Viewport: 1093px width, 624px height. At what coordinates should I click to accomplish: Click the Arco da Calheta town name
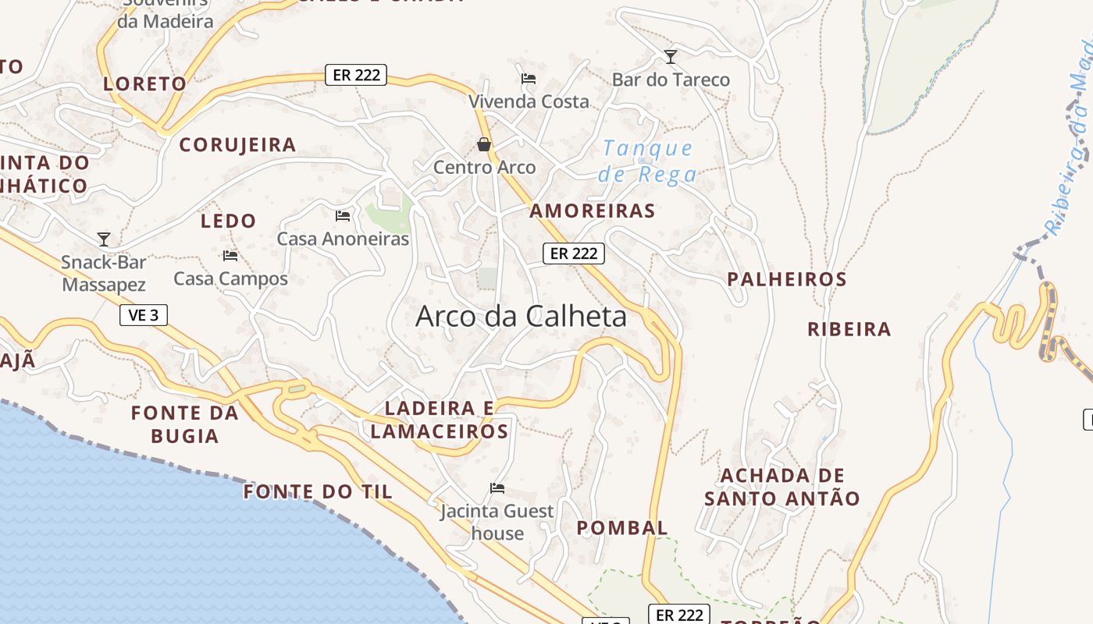(521, 316)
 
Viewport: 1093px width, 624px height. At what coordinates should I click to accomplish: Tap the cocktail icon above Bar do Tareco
(670, 57)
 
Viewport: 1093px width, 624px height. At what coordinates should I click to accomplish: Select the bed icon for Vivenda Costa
(529, 78)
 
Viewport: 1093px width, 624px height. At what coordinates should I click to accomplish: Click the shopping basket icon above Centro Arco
(484, 144)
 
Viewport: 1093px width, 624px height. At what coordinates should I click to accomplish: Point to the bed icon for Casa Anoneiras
(343, 215)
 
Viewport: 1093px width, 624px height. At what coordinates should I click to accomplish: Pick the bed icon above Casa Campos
(230, 255)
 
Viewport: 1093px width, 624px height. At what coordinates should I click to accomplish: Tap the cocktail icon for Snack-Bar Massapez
(104, 239)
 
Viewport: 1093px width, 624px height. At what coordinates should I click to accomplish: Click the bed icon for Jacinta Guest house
(497, 488)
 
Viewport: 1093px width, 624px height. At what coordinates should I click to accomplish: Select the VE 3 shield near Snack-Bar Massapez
(144, 315)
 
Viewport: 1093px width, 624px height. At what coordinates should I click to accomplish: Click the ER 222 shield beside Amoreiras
(574, 253)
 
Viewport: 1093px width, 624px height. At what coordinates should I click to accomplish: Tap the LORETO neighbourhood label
(145, 83)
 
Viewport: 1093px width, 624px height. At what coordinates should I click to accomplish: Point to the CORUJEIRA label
(237, 144)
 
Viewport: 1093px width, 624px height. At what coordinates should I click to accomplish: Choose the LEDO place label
(228, 221)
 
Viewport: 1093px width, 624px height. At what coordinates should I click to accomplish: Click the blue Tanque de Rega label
(646, 161)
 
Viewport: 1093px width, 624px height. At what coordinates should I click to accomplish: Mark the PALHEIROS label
(786, 279)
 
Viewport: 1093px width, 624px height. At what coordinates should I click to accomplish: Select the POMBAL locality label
(622, 528)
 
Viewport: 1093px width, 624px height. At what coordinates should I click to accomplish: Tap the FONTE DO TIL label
(318, 492)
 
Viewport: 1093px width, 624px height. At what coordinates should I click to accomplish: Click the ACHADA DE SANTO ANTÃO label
(782, 487)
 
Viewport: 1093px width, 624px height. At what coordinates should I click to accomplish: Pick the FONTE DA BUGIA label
(185, 424)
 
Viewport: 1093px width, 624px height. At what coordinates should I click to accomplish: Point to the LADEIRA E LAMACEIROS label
(440, 420)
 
